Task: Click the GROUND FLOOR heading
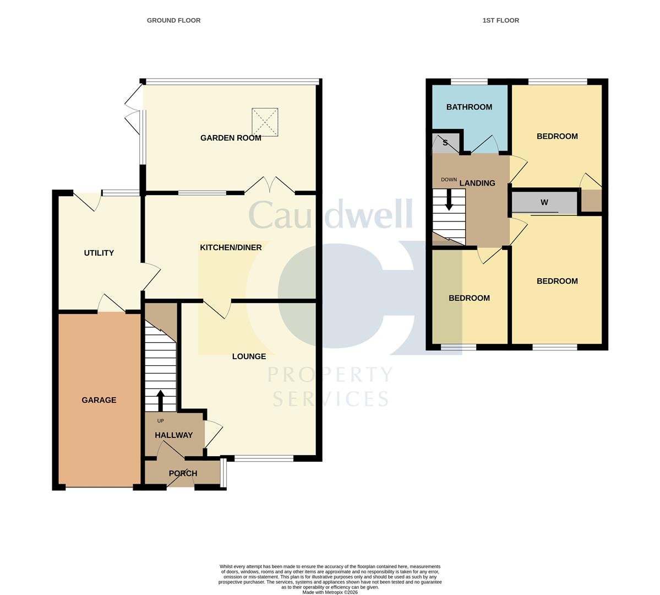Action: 173,20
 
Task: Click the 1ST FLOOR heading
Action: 500,20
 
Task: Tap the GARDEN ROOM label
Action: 231,138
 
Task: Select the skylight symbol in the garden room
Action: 265,122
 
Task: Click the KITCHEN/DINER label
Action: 231,248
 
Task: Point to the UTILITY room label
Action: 99,253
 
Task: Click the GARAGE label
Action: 99,400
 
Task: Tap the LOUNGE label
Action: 249,356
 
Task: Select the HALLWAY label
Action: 173,435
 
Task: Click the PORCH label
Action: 183,473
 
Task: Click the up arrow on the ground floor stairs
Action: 161,401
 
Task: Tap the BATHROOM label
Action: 469,107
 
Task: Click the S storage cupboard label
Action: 445,143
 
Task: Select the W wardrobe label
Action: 544,203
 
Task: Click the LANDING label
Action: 477,183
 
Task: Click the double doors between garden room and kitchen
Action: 270,185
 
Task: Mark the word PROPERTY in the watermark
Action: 330,376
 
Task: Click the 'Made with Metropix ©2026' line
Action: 330,592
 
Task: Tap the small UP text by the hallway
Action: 161,421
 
